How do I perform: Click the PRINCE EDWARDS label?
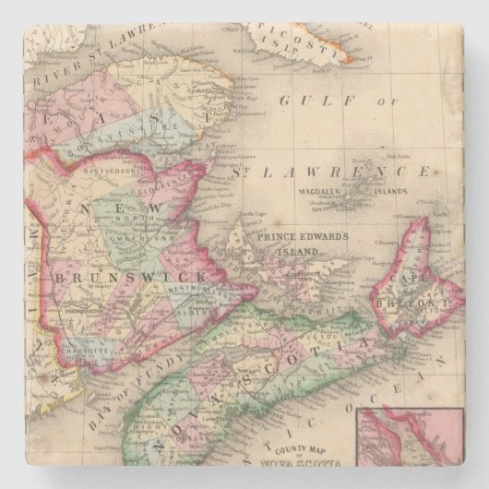point(301,237)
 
